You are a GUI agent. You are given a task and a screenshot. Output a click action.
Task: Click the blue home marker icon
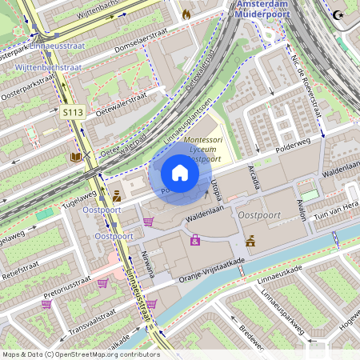click(x=180, y=172)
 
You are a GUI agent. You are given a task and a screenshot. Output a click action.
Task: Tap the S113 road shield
click(x=71, y=114)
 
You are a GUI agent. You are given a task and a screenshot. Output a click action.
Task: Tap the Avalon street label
click(x=301, y=210)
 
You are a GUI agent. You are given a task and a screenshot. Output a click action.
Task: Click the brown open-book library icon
click(x=75, y=158)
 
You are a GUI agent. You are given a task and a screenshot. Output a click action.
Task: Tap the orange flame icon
click(x=186, y=14)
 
